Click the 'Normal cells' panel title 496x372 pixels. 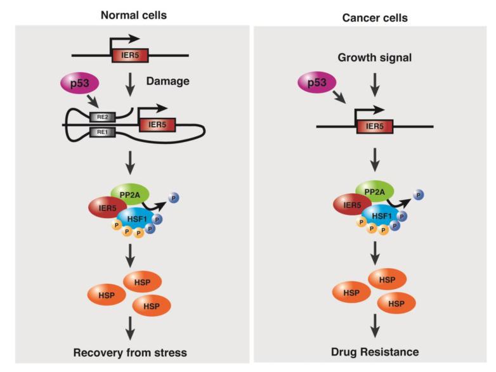pos(133,15)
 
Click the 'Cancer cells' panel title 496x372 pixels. pos(374,18)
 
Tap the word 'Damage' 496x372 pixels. pos(167,82)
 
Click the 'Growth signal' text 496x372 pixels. pos(374,58)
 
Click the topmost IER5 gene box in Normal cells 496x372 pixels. pos(130,56)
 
